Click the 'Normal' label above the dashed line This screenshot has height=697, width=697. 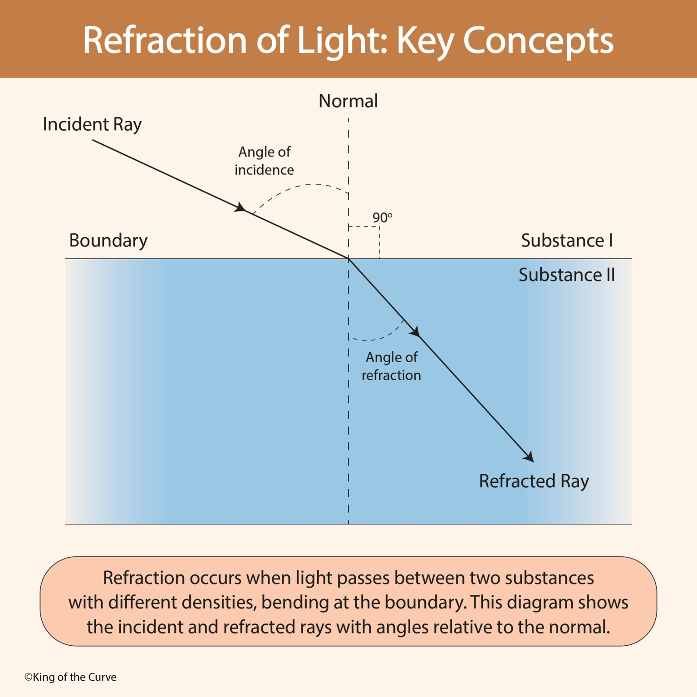point(348,101)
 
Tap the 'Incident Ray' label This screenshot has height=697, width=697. point(92,124)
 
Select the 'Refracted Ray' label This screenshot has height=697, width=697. point(534,481)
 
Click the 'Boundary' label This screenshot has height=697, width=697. point(108,241)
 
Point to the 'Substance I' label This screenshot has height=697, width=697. point(567,241)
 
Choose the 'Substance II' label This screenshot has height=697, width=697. point(566,275)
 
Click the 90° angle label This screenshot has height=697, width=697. point(382,218)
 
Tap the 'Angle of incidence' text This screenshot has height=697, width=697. point(264,161)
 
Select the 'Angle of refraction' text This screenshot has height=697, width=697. point(391,366)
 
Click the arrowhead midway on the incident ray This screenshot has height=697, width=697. point(241,208)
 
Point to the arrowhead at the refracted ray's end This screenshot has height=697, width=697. point(529,457)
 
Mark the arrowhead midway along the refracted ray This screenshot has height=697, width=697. point(415,331)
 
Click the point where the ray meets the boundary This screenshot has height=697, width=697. point(348,259)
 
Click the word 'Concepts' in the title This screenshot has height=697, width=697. point(538,41)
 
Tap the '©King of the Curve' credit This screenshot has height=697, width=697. point(70,677)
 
